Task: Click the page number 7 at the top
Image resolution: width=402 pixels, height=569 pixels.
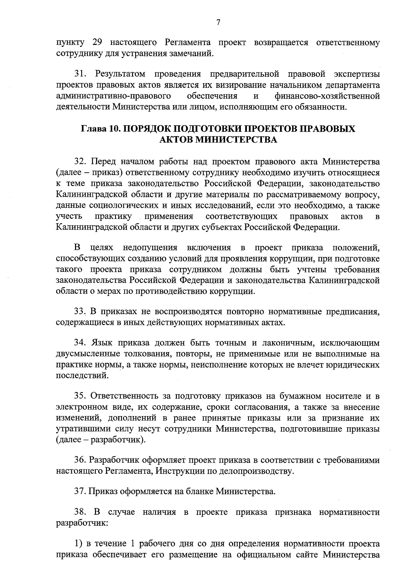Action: coord(218,22)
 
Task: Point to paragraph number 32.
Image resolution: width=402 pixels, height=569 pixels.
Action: coord(81,162)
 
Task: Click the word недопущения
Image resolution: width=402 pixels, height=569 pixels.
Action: coord(150,248)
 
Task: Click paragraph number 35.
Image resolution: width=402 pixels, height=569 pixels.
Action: coord(81,396)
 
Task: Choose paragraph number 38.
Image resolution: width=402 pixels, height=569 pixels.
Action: coord(81,513)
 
